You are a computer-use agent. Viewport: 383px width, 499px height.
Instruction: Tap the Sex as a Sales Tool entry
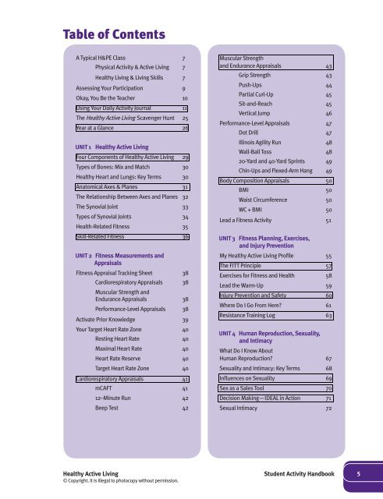pyautogui.click(x=249, y=386)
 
